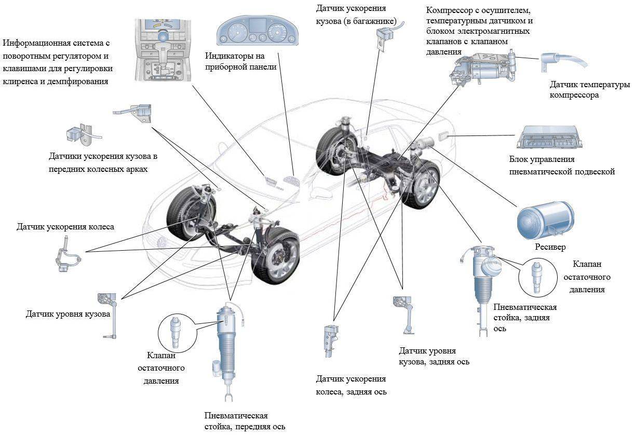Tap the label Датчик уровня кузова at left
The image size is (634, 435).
(68, 315)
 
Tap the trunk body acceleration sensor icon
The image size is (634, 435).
(384, 37)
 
